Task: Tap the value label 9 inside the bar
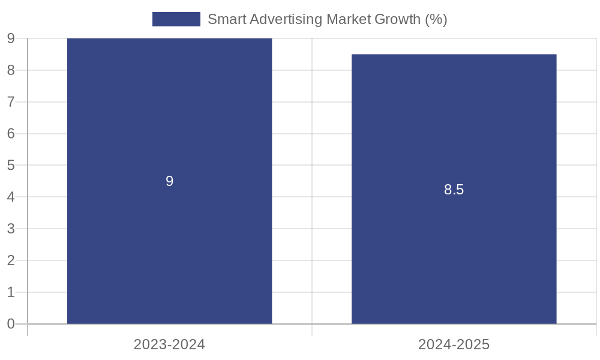170,181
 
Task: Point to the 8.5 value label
454,190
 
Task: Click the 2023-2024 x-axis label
169,344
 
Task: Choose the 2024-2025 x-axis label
454,344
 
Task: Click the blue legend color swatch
176,19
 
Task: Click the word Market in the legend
348,19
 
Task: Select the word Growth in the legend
397,19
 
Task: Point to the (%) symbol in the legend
436,19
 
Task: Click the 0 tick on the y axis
11,324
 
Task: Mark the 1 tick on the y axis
11,292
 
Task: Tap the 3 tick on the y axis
11,229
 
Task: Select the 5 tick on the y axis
11,165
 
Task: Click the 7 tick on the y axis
11,102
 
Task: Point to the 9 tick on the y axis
11,39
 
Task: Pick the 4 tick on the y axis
11,197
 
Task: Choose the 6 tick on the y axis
11,134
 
